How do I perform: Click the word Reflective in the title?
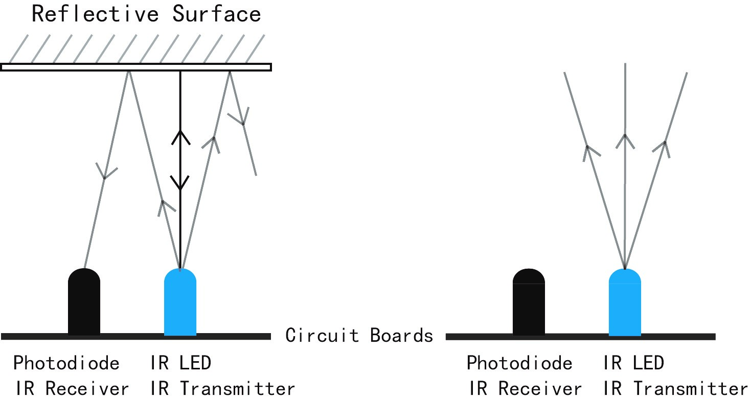[x=95, y=14]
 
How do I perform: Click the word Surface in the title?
[x=217, y=14]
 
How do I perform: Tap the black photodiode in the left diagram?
[x=84, y=301]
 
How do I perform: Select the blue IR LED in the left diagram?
[x=180, y=301]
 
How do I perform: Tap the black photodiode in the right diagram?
[x=529, y=302]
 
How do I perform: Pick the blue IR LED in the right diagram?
[x=625, y=302]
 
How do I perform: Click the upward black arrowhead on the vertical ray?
[x=181, y=137]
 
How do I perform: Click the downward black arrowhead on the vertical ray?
[x=180, y=183]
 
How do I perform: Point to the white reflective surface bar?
[x=136, y=67]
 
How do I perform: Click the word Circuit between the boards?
[x=322, y=335]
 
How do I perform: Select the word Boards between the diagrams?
[x=401, y=335]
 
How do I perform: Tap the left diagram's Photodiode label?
[x=66, y=363]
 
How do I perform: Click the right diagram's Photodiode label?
[x=519, y=363]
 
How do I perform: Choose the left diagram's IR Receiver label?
[x=72, y=388]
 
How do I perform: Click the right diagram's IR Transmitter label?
[x=675, y=388]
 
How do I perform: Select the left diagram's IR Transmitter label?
[x=222, y=388]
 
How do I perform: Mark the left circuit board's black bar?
[x=136, y=337]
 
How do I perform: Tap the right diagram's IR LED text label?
[x=633, y=363]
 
